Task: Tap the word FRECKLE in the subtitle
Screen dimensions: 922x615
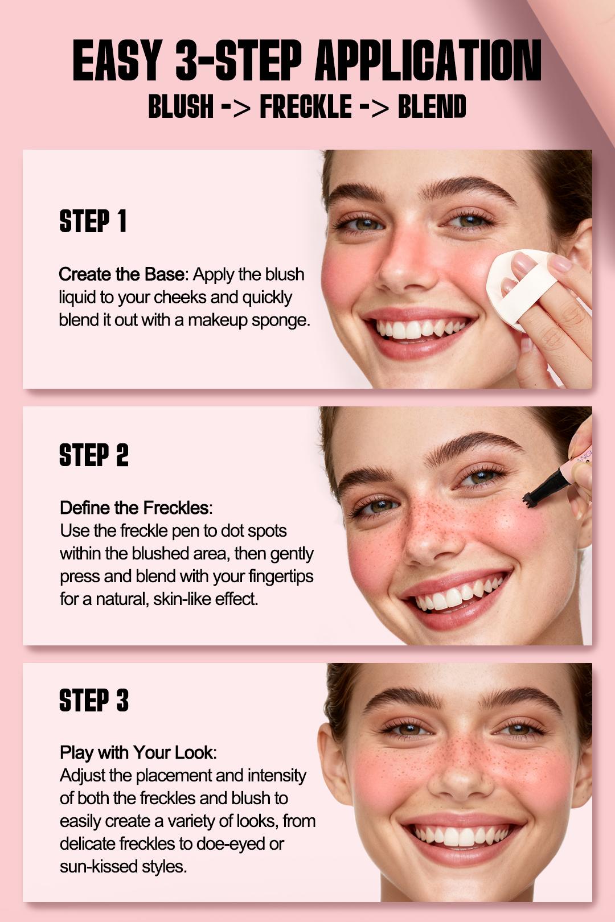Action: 306,107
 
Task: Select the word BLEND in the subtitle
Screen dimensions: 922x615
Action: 432,107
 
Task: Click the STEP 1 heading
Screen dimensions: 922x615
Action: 93,221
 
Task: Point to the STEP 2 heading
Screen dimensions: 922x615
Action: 94,456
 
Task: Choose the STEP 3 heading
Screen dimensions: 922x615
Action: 94,701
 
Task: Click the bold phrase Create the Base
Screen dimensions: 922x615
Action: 121,274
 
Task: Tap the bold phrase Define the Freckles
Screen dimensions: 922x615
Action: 134,508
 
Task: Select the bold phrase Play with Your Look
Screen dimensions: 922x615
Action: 136,752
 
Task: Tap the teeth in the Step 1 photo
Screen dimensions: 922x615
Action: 419,329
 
